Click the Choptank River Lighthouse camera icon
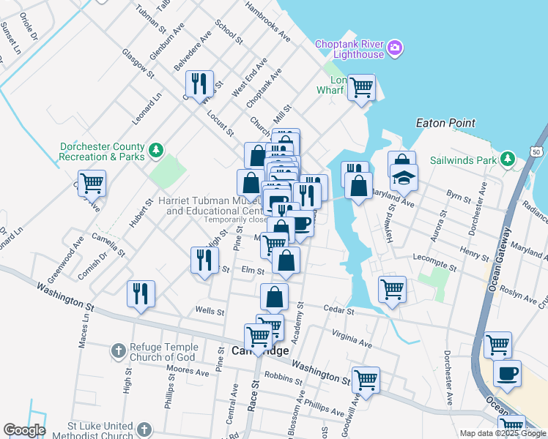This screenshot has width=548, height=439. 395,48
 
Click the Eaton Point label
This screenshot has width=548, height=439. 445,124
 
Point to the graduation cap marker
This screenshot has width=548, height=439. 403,176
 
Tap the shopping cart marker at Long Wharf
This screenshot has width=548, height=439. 361,87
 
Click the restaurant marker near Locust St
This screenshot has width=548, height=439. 199,83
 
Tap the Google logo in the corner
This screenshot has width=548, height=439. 24,430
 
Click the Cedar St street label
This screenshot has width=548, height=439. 338,311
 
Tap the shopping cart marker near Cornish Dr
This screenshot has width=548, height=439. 92,183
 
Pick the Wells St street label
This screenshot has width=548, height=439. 210,311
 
